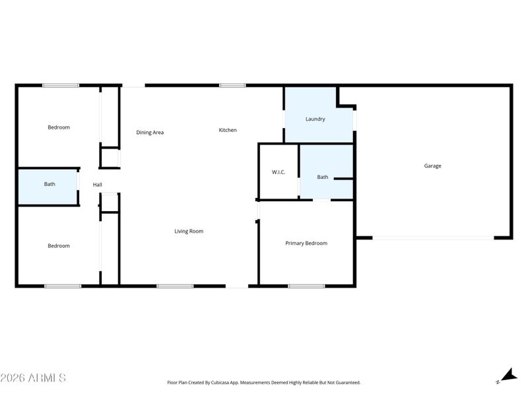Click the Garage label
click(432, 166)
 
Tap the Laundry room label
click(315, 119)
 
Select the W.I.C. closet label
click(279, 172)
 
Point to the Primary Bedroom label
click(306, 244)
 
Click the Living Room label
click(189, 231)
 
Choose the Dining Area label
click(150, 133)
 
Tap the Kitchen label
click(228, 130)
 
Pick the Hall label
click(97, 185)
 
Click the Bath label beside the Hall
click(49, 184)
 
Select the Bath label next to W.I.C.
click(323, 177)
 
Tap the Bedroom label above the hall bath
click(59, 127)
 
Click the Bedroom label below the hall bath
click(59, 246)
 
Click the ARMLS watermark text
click(33, 378)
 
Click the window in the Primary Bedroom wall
click(306, 286)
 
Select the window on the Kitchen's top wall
click(232, 85)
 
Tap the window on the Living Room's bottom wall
click(175, 286)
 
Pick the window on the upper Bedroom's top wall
click(61, 85)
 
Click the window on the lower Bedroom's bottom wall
click(63, 286)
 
